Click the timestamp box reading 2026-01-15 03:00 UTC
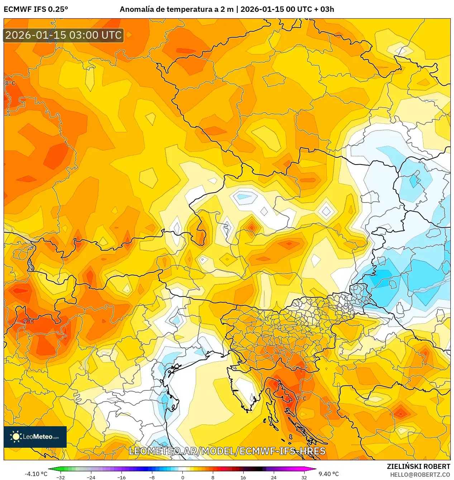[x=63, y=35]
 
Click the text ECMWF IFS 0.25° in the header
[x=36, y=9]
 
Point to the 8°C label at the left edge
[x=10, y=83]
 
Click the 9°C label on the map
[x=28, y=321]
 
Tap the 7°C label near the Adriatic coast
[x=301, y=398]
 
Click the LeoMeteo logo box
[x=35, y=437]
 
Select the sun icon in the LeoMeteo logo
[x=16, y=437]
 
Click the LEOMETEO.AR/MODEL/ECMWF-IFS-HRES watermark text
[x=227, y=451]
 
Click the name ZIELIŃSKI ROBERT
[x=418, y=466]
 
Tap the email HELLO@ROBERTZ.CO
[x=420, y=475]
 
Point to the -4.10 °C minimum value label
[x=36, y=474]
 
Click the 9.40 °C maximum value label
[x=329, y=474]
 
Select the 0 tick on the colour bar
[x=182, y=477]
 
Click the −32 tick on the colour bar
[x=61, y=477]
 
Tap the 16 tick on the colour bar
[x=243, y=477]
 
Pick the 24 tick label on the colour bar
[x=274, y=477]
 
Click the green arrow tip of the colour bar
[x=50, y=469]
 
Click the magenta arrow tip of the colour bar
[x=315, y=469]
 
